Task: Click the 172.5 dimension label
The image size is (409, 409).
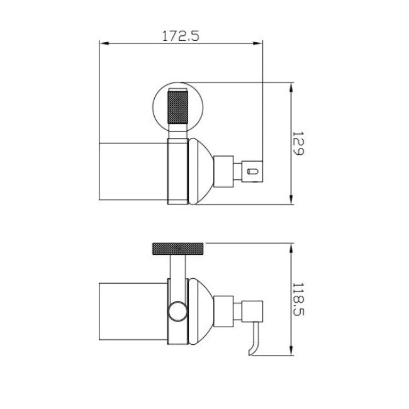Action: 181,36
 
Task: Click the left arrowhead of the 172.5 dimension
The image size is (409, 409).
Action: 104,43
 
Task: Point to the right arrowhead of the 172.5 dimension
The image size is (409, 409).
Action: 258,43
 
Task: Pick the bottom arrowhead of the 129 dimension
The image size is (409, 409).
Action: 291,200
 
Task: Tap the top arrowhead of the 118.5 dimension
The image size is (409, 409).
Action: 291,248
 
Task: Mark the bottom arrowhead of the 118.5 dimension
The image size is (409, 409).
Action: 291,350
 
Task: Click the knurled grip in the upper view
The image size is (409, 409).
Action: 177,108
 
